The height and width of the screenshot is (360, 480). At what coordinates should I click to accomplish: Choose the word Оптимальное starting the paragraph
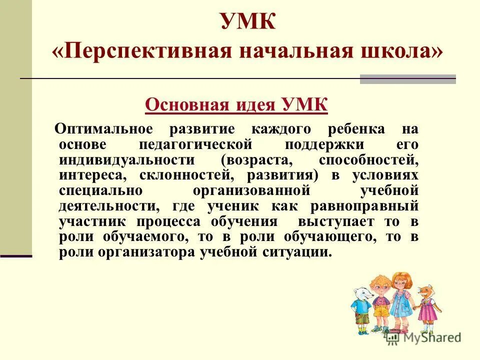coord(103,129)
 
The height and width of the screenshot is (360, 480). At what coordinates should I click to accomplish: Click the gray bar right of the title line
coord(408,79)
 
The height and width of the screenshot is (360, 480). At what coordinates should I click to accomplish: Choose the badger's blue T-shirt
coord(362,305)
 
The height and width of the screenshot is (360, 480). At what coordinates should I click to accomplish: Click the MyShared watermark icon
coord(392,337)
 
